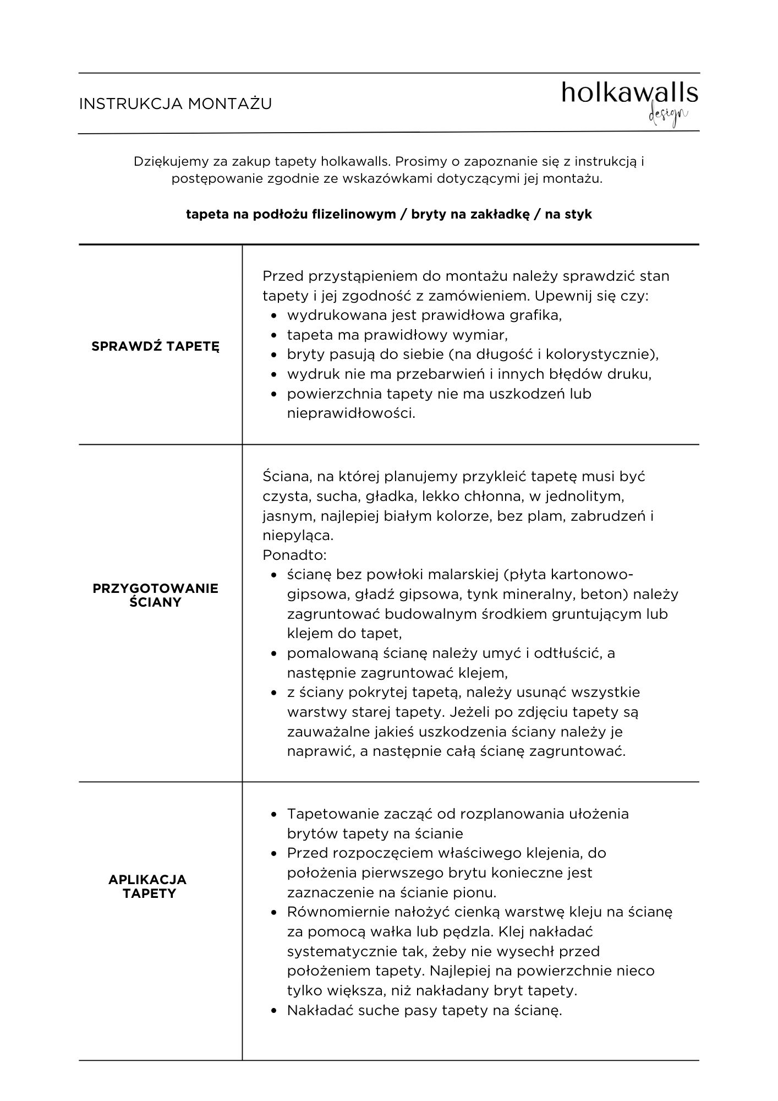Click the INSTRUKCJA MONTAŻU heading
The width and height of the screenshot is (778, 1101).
coord(176,104)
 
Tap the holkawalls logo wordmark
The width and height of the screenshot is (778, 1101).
coord(629,94)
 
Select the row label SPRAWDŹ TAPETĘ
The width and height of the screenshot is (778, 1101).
coord(156,346)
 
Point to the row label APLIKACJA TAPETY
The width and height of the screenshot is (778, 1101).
coord(147,886)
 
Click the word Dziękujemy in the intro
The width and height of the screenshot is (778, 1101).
coord(165,162)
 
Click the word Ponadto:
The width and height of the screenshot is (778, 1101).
coord(294,555)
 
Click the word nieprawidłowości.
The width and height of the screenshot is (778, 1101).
coord(351,413)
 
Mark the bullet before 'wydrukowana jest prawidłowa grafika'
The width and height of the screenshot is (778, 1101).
coord(274,316)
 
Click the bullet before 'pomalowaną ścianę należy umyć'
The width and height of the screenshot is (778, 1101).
coord(274,653)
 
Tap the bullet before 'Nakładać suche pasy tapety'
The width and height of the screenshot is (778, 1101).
coord(274,1011)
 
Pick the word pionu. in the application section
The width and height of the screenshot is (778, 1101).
coord(475,892)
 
